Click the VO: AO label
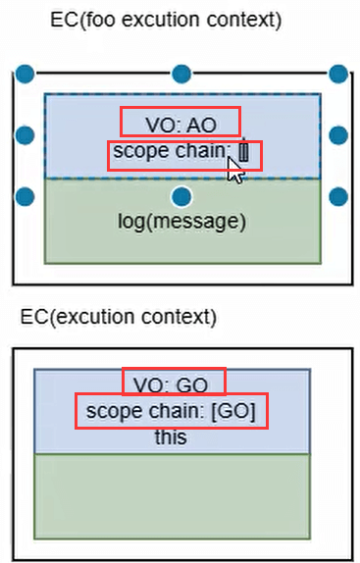pos(180,122)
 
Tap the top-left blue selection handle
pos(26,74)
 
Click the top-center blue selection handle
pos(180,74)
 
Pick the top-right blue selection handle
pos(338,74)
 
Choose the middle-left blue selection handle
pos(26,134)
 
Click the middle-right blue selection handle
pos(338,134)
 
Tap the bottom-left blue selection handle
pos(26,196)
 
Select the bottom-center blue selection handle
pos(180,195)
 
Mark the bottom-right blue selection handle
pos(338,196)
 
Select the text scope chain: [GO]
pos(171,411)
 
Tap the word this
pos(171,437)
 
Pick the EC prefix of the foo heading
pos(61,20)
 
